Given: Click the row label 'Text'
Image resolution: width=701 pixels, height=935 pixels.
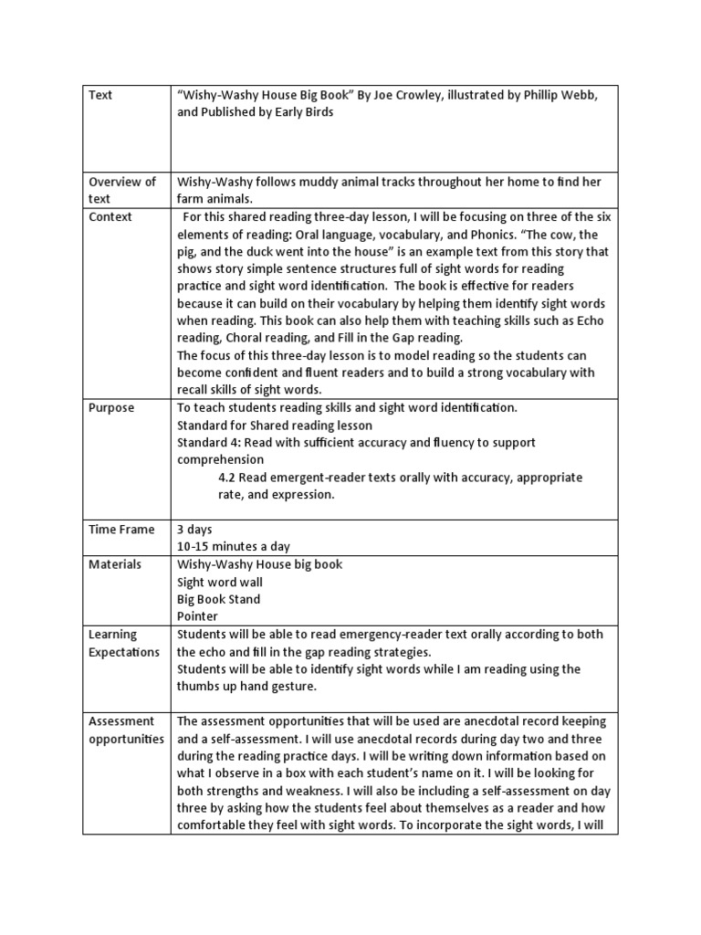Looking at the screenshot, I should pyautogui.click(x=100, y=95).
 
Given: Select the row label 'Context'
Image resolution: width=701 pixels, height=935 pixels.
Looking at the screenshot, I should pyautogui.click(x=110, y=216).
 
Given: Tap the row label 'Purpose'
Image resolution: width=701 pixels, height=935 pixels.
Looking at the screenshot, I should pyautogui.click(x=111, y=407).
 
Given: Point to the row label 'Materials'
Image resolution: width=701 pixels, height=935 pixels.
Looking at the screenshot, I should pyautogui.click(x=115, y=564).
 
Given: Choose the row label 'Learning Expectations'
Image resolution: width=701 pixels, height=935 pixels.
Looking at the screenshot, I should pyautogui.click(x=123, y=643).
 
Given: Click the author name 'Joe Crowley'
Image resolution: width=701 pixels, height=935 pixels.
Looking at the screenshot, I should pyautogui.click(x=395, y=95).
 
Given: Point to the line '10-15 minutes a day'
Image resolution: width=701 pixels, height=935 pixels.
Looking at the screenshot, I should pyautogui.click(x=234, y=546).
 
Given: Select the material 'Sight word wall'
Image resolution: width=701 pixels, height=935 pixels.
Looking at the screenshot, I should pyautogui.click(x=220, y=582).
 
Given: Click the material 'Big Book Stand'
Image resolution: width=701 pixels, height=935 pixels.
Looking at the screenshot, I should pyautogui.click(x=219, y=599).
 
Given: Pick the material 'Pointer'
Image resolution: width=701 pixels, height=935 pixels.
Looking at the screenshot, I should pyautogui.click(x=197, y=616).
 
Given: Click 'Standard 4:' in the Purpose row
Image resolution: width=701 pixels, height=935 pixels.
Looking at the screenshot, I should pyautogui.click(x=209, y=442).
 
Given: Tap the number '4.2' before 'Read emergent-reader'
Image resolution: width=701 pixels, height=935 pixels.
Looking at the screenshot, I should pyautogui.click(x=228, y=478).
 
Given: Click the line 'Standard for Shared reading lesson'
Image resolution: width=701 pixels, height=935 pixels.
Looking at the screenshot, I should pyautogui.click(x=275, y=425).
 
